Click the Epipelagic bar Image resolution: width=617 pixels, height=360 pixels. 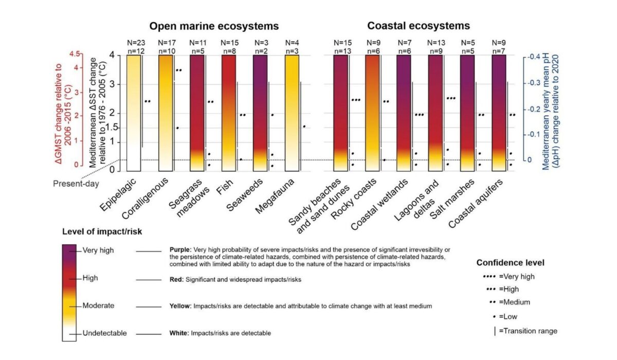click(x=134, y=113)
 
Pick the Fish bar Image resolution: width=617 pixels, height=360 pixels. click(x=229, y=113)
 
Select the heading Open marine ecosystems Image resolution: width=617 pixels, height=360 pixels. click(x=214, y=26)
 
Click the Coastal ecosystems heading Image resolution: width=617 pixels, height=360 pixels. click(x=418, y=26)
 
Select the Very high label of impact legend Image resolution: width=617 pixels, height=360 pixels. click(x=98, y=251)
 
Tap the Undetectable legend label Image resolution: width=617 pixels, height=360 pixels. click(x=104, y=333)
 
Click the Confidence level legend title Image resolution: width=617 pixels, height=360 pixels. click(x=510, y=263)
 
